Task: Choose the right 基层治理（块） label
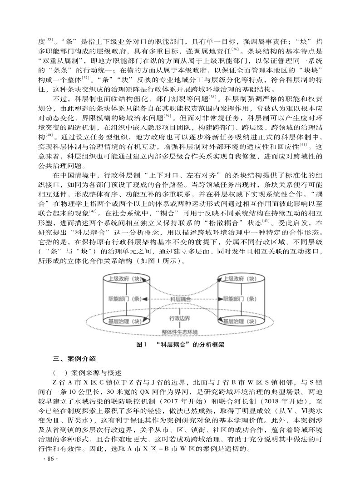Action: coord(239,321)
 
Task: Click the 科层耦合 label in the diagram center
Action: coord(180,300)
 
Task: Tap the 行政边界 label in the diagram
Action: coord(180,318)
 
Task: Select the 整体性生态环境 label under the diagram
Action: coord(180,332)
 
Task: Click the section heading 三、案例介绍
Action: coord(74,359)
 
